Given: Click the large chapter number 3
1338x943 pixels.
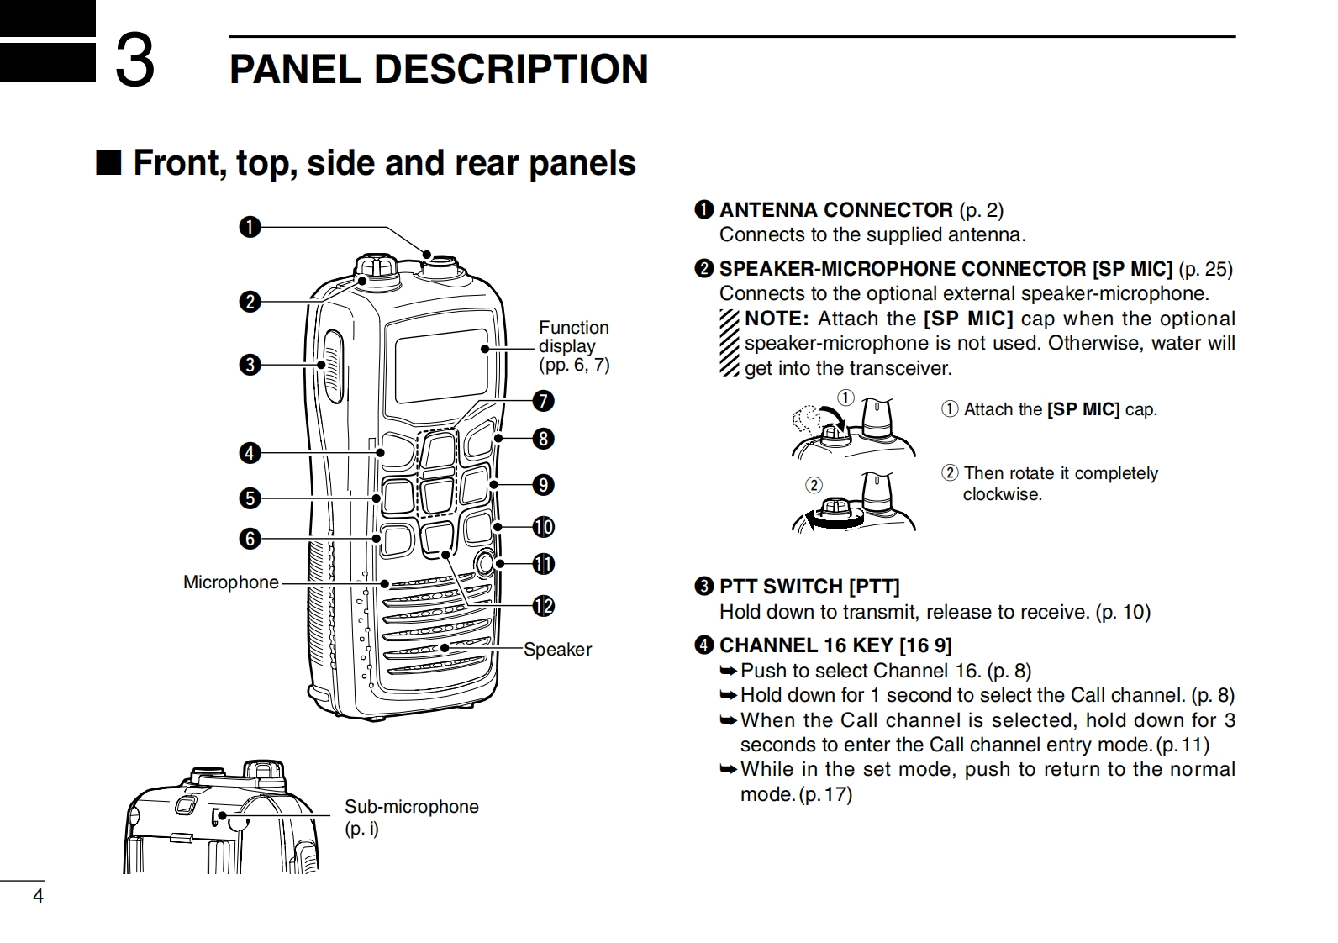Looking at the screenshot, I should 134,61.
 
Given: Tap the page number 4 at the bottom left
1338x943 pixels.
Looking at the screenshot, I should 37,896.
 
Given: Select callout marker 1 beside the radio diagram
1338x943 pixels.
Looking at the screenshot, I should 250,227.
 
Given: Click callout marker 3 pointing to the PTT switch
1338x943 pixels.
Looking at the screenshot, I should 250,365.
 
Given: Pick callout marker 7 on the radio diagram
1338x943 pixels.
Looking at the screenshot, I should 544,401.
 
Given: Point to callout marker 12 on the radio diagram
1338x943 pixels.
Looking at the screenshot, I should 544,606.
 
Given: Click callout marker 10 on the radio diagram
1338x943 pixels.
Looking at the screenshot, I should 544,527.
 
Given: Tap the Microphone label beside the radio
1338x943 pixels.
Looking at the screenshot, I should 231,582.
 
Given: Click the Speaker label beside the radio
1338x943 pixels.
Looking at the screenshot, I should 557,650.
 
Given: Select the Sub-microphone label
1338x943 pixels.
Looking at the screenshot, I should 411,807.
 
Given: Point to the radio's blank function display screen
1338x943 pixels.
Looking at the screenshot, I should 441,365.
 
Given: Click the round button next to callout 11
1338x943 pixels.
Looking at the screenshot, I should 484,562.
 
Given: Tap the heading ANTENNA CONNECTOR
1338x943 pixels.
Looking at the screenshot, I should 835,210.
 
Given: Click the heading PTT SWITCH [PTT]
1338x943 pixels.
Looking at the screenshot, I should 809,587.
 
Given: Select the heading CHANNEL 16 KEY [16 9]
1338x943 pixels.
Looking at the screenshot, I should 835,645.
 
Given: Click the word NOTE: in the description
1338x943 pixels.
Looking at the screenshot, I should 777,319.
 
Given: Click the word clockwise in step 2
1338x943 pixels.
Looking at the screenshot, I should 1002,495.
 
